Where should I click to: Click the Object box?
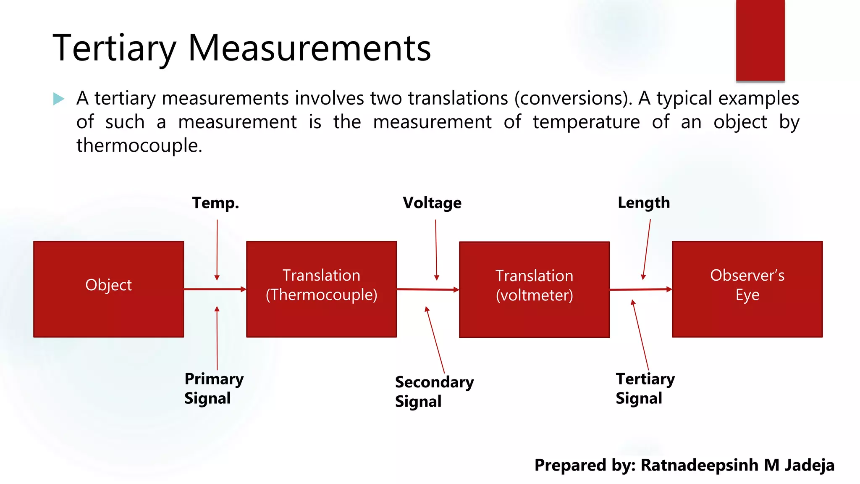(x=108, y=289)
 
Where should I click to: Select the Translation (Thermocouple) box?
(x=321, y=289)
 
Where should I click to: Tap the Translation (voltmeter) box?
(x=534, y=289)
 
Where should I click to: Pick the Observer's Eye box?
(x=747, y=289)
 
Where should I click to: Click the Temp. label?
(x=215, y=203)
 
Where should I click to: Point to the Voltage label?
(x=432, y=203)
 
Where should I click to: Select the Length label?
(x=644, y=203)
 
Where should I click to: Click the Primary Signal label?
(x=214, y=388)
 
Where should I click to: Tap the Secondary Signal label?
(x=434, y=392)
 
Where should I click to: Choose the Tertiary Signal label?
(x=645, y=388)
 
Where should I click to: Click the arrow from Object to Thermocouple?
(x=215, y=289)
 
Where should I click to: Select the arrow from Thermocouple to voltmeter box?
(x=427, y=289)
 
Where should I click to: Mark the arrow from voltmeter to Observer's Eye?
(x=640, y=289)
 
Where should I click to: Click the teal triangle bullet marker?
(x=59, y=99)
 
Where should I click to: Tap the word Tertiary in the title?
(x=114, y=48)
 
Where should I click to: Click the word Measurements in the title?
(x=309, y=48)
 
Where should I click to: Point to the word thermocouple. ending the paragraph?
(x=139, y=145)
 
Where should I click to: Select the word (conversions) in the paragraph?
(x=573, y=98)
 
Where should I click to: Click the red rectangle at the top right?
(x=760, y=40)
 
